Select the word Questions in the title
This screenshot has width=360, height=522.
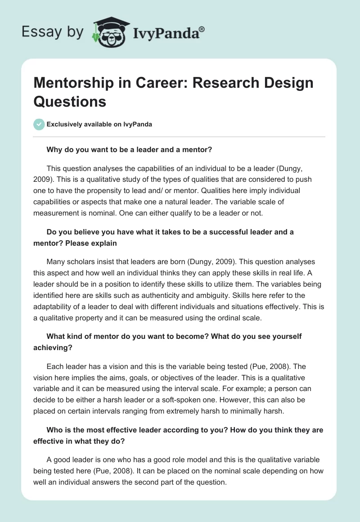70,101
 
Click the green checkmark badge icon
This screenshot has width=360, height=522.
39,124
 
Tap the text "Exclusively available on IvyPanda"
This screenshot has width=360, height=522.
99,124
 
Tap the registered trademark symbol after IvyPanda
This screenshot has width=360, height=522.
202,29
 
